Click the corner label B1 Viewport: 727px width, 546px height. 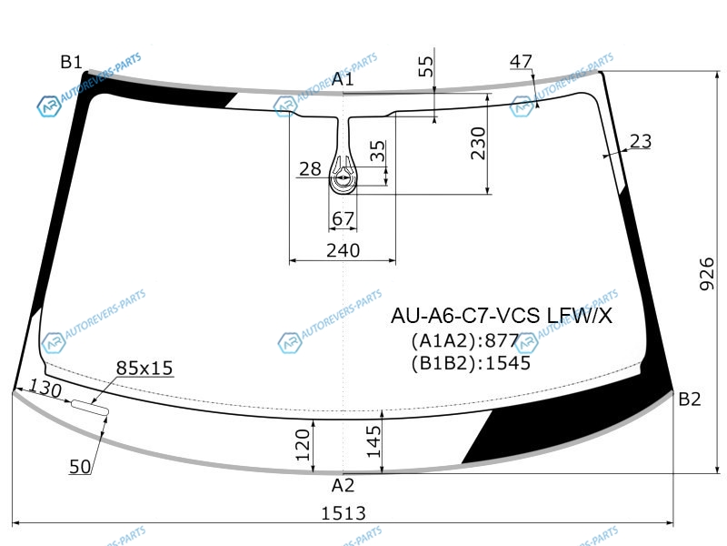[x=71, y=62]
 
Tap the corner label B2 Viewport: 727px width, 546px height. [x=689, y=399]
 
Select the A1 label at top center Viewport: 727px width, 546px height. [x=343, y=79]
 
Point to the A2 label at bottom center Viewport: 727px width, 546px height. [x=344, y=486]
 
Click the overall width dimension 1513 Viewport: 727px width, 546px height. [x=344, y=513]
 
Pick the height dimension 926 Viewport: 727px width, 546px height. [x=707, y=274]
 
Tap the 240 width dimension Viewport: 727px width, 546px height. [x=344, y=251]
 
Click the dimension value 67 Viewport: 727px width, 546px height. [x=344, y=218]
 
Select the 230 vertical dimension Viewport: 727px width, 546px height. [x=478, y=144]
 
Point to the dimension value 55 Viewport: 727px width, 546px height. [x=425, y=66]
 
